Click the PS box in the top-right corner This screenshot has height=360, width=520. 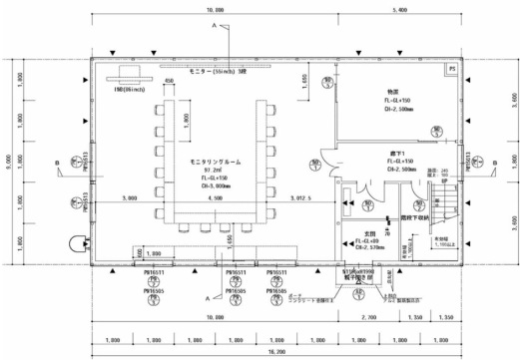451,68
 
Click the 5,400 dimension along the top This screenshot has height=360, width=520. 399,8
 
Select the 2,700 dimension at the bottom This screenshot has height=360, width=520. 368,316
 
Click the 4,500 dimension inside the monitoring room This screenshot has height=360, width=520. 215,199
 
